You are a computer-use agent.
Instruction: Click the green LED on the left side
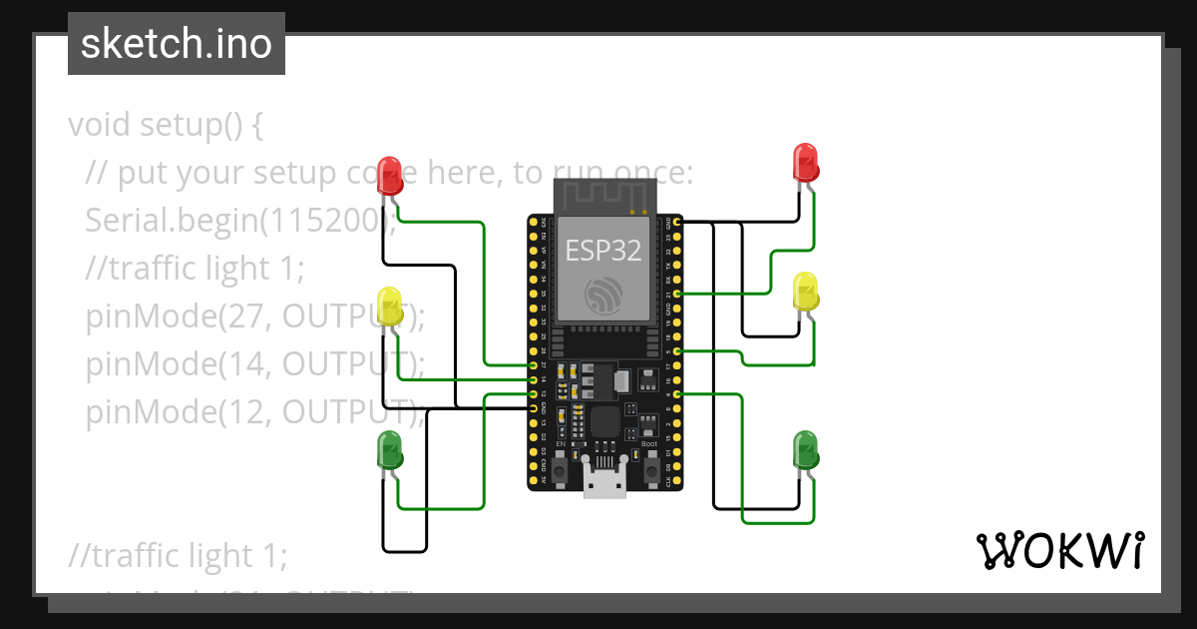pos(390,450)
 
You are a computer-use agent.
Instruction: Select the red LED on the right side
pos(805,163)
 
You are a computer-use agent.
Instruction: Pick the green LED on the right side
pos(805,449)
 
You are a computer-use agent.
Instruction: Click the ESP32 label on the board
pos(603,250)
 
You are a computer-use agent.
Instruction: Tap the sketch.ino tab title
pos(177,44)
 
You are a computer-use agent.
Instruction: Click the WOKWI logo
pos(1059,550)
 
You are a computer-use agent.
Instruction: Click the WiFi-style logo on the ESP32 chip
pos(604,296)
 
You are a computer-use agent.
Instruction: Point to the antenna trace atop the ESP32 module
pos(604,194)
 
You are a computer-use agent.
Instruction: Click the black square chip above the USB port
pos(605,420)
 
